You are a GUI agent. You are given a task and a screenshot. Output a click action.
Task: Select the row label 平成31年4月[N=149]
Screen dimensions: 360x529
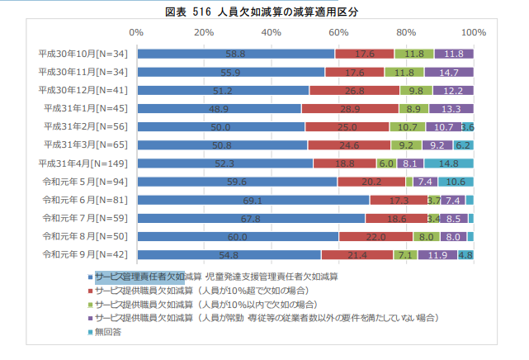pos(85,163)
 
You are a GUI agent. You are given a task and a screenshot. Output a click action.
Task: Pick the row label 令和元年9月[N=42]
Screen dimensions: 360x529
pos(87,253)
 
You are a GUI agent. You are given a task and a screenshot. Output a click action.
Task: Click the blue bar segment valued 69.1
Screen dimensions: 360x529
pos(253,200)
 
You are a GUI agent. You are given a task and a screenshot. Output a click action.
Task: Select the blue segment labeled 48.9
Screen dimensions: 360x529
pos(220,108)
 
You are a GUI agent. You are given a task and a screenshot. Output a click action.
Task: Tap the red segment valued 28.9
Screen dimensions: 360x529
pos(350,108)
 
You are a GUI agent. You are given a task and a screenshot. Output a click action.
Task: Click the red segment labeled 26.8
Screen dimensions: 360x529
pos(355,90)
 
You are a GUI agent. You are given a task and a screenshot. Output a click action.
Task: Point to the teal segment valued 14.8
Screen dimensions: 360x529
pos(449,163)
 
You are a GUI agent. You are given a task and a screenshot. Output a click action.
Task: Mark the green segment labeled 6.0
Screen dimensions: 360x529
pos(386,163)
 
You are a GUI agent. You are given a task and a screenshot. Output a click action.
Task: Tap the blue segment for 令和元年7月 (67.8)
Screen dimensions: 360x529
pos(251,218)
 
